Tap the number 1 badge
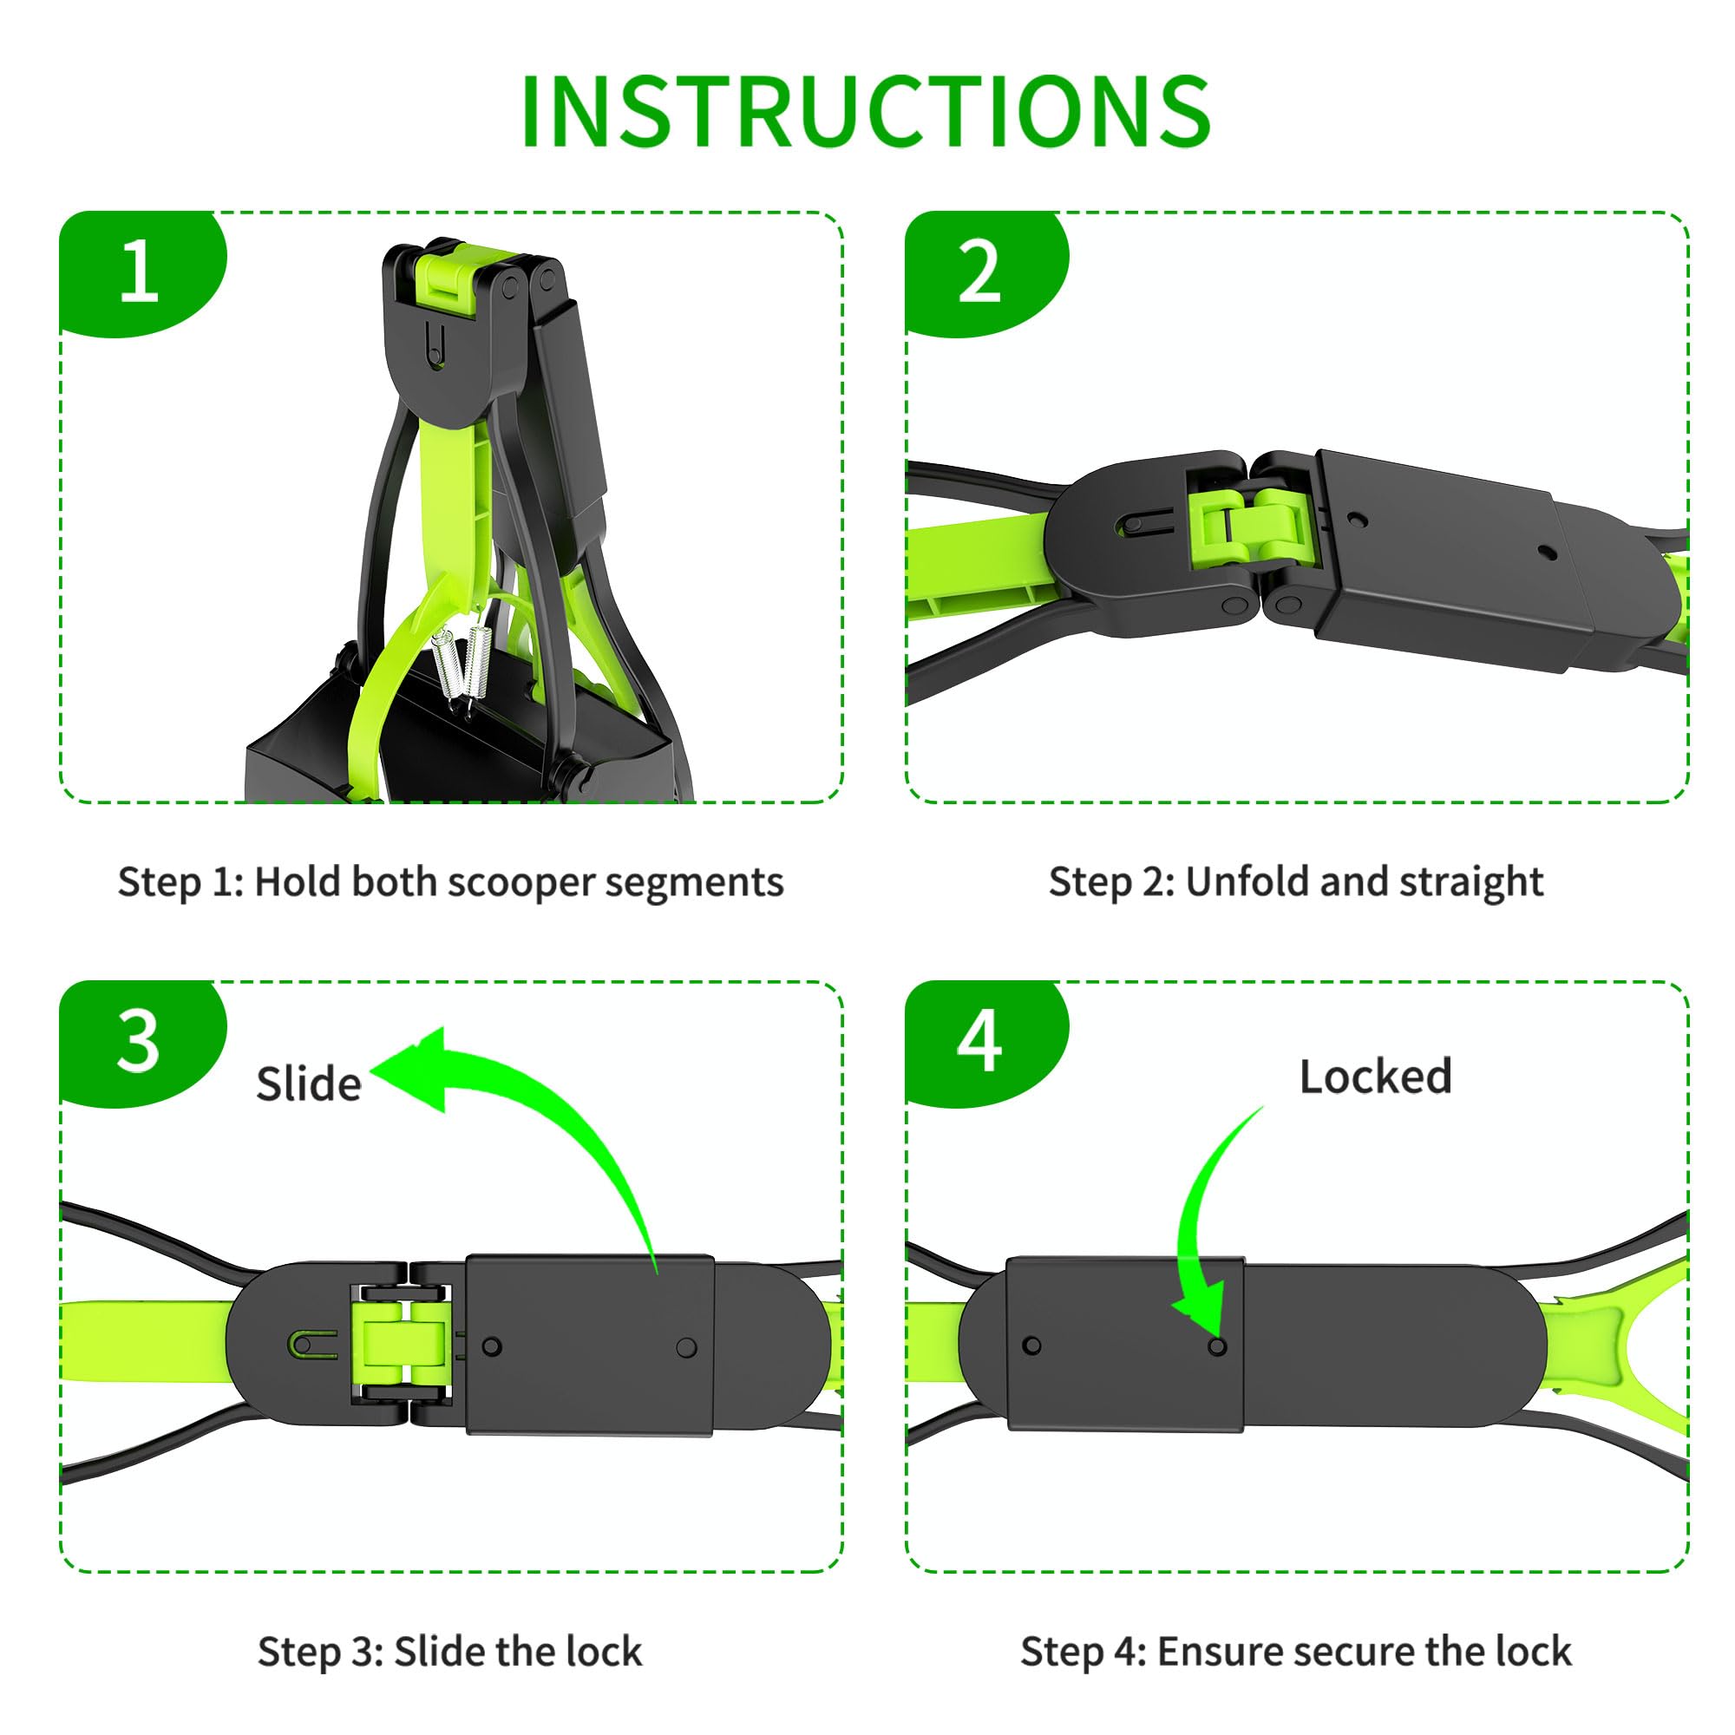click(x=140, y=271)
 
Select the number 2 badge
click(x=979, y=271)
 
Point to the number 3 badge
click(x=138, y=1042)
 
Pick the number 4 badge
click(x=979, y=1042)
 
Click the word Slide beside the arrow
click(x=308, y=1084)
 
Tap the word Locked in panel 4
click(x=1375, y=1077)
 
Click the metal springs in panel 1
click(x=457, y=665)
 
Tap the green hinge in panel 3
click(x=401, y=1343)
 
